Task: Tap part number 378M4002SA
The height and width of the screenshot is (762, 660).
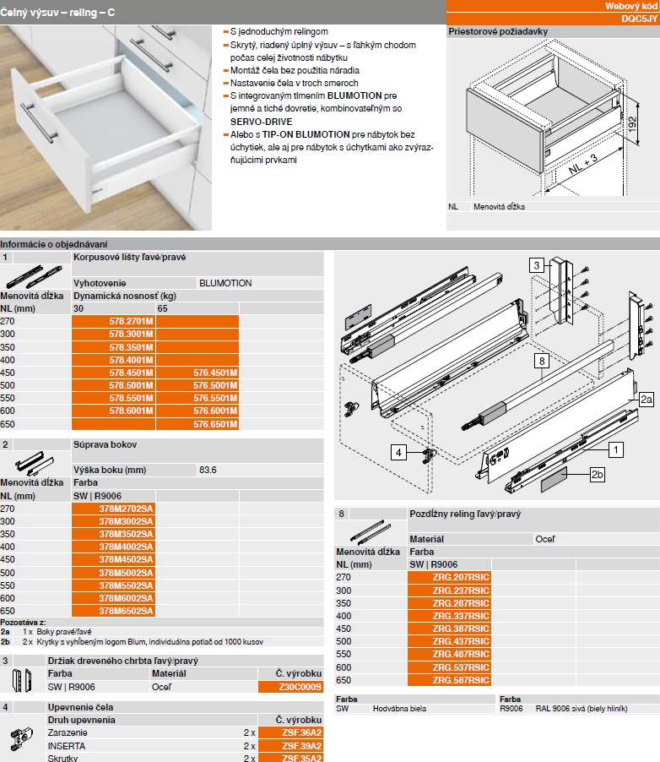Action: coord(126,547)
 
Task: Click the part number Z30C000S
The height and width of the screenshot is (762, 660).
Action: coord(291,687)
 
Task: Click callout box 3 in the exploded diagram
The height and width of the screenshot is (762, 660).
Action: coord(536,265)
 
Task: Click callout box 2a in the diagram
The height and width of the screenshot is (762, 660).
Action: coord(646,398)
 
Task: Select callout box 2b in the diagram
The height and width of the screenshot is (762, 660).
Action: coord(598,476)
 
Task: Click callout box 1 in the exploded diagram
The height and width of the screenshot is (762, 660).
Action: coord(617,450)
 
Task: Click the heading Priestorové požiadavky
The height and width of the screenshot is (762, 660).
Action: coord(498,31)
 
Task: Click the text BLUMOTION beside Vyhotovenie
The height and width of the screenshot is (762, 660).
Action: coord(225,283)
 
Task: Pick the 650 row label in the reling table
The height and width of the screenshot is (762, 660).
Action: coord(344,680)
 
